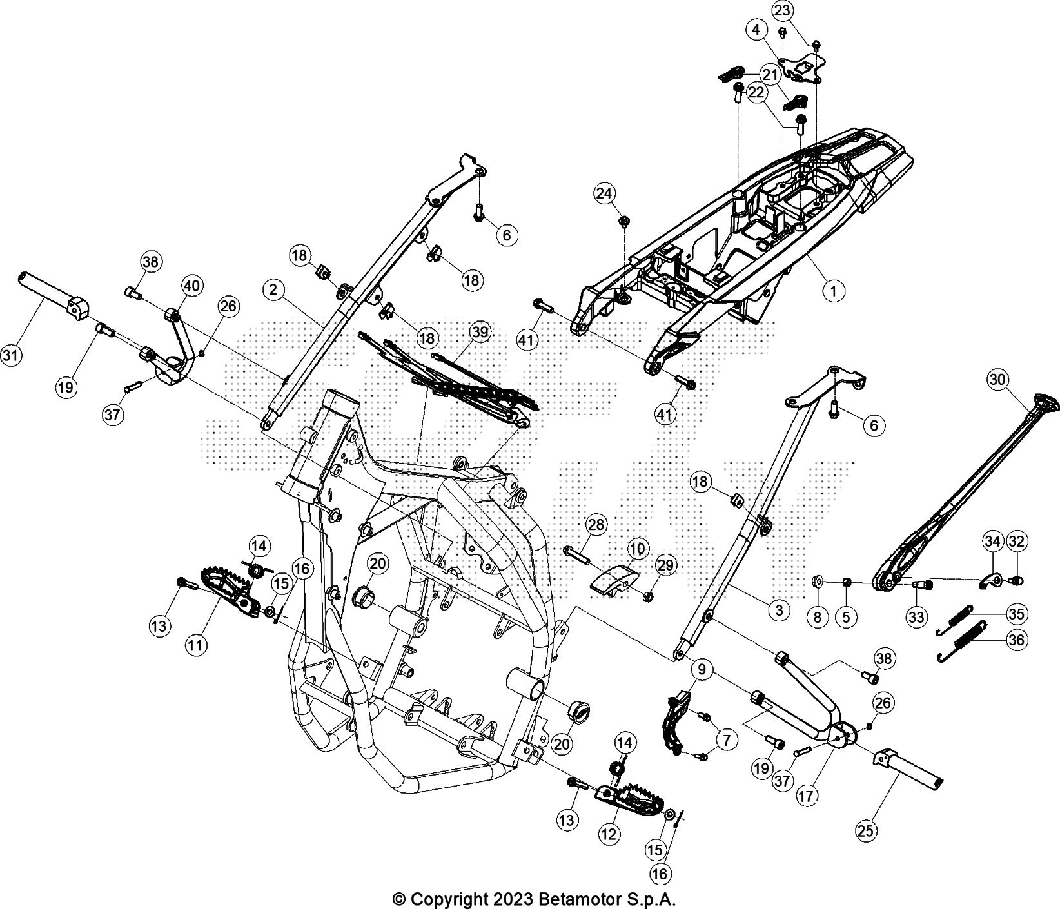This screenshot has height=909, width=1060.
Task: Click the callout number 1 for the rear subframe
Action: [834, 291]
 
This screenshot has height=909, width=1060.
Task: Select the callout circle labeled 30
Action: [997, 380]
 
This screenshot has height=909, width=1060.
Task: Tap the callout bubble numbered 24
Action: [605, 193]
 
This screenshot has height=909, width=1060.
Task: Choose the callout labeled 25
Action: [867, 831]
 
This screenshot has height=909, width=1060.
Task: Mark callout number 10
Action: [637, 549]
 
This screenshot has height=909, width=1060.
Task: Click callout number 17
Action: [807, 796]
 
